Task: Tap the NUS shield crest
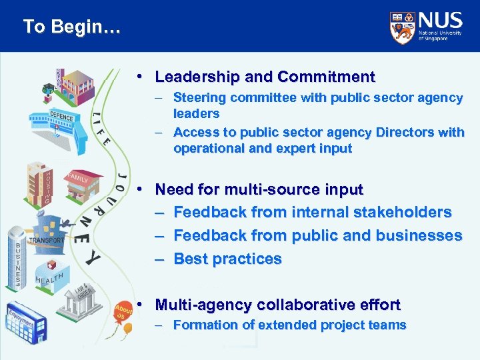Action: click(402, 27)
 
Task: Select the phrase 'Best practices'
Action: click(227, 259)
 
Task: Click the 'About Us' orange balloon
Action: click(123, 313)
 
